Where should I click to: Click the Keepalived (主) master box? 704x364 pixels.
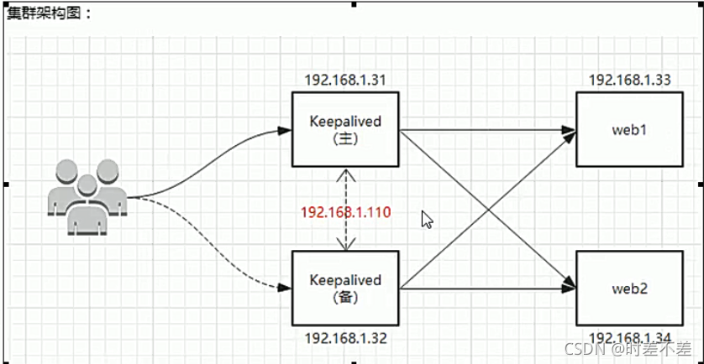click(x=344, y=130)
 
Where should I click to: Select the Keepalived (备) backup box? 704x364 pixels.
click(x=344, y=288)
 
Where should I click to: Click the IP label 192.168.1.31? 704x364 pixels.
click(x=344, y=81)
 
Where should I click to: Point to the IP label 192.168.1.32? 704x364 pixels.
click(x=344, y=340)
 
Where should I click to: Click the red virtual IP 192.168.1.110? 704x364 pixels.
click(x=344, y=211)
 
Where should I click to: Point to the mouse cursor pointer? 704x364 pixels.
click(x=426, y=219)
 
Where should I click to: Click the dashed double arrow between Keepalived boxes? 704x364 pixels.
click(x=345, y=189)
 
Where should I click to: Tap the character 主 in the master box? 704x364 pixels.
click(x=345, y=138)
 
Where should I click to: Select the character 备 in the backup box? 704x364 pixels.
click(x=345, y=296)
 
